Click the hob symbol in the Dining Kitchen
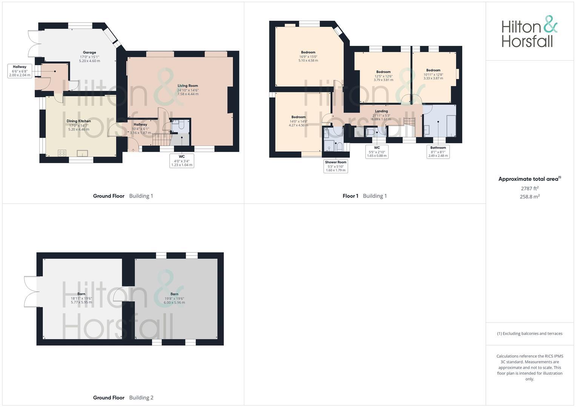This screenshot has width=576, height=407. click(62, 153)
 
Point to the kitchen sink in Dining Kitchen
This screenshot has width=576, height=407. click(82, 153)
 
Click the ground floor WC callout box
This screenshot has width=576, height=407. click(182, 161)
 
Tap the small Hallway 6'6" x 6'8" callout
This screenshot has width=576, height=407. click(20, 71)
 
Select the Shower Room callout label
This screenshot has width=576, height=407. click(336, 166)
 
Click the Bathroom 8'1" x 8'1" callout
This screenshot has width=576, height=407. click(438, 151)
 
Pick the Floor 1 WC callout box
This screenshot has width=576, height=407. click(377, 151)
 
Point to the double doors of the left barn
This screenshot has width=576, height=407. click(31, 292)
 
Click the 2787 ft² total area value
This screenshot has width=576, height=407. click(530, 188)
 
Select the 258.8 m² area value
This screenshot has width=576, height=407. click(530, 197)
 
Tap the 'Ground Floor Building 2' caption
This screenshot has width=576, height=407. click(123, 398)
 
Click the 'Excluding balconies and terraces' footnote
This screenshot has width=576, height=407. click(530, 334)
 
